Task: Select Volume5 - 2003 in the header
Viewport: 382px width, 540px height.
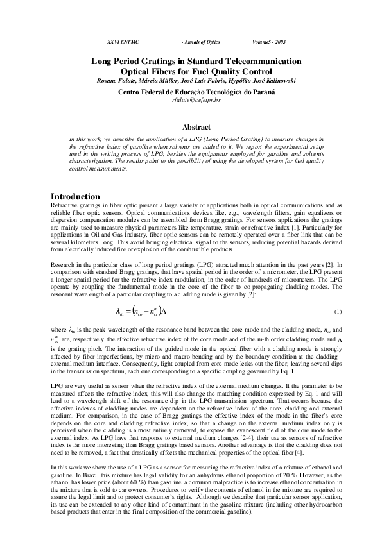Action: pos(268,42)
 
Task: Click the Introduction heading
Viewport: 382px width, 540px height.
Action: pos(75,196)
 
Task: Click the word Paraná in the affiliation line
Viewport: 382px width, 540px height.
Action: pos(263,92)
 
